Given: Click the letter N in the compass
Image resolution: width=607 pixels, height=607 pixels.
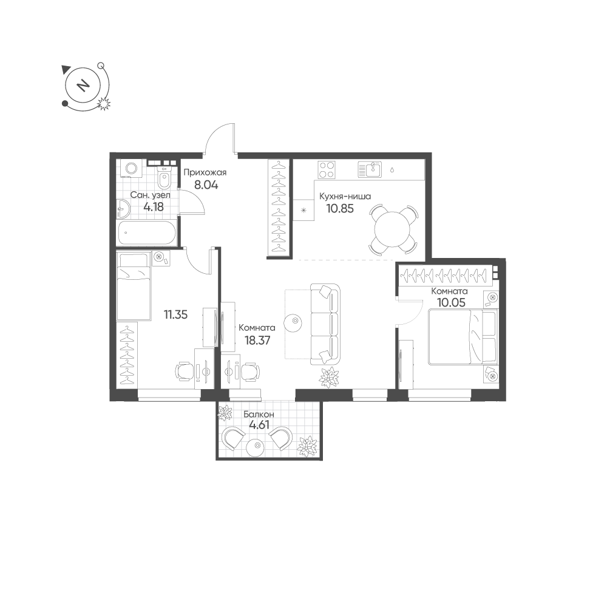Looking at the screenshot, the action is click(82, 85).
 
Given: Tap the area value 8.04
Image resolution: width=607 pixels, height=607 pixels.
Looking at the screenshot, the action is click(206, 185).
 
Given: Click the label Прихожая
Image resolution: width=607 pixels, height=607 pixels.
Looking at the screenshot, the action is click(205, 172).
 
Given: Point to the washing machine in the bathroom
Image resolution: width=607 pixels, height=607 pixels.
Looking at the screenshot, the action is click(131, 169).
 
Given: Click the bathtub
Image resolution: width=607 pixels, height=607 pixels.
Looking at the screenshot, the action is click(147, 232).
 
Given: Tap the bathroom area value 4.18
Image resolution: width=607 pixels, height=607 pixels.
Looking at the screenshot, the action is click(154, 207).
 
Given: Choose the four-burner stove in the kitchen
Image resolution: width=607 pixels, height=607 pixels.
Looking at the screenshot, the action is click(327, 169).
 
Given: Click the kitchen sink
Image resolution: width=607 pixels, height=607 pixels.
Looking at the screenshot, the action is click(370, 169).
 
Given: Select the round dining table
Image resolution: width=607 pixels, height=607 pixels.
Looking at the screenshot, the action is click(392, 229).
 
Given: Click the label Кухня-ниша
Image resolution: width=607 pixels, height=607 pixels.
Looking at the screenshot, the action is click(345, 196).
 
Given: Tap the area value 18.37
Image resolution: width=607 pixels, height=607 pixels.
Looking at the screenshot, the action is click(257, 341).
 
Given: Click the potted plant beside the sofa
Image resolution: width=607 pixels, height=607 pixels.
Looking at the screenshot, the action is click(328, 377).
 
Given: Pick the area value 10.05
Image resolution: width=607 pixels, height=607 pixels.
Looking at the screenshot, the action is click(451, 302).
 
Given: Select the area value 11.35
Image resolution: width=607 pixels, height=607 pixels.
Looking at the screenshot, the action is click(175, 314).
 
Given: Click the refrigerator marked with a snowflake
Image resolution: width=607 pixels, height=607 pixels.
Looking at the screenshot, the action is click(303, 210).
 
